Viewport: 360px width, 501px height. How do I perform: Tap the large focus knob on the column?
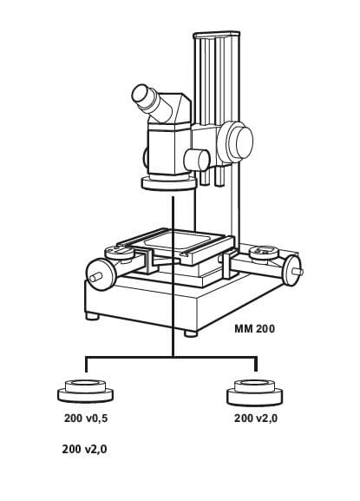[236, 142]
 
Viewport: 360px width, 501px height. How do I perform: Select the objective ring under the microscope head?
[168, 184]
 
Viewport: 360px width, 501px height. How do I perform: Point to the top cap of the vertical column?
[216, 35]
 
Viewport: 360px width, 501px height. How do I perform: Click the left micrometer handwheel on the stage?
[101, 274]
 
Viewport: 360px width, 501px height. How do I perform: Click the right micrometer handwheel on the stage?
[292, 270]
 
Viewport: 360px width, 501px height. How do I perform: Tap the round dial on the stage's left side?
[120, 253]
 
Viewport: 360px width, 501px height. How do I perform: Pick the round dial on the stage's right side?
[264, 252]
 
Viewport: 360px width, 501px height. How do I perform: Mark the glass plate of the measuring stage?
[179, 241]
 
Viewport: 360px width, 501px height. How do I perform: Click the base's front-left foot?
[93, 316]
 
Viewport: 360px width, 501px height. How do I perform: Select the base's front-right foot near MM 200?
[191, 333]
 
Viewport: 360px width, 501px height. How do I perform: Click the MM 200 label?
[254, 329]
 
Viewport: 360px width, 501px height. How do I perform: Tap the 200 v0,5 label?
[86, 419]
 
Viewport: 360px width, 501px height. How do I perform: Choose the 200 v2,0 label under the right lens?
[256, 419]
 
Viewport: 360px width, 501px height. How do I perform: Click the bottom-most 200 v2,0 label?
[84, 449]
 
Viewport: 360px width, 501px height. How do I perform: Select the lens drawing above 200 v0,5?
[86, 391]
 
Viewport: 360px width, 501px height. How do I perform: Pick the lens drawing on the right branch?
[255, 392]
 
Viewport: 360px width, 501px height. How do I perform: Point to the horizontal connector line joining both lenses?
[171, 357]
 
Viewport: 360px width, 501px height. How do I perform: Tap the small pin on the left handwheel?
[95, 277]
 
